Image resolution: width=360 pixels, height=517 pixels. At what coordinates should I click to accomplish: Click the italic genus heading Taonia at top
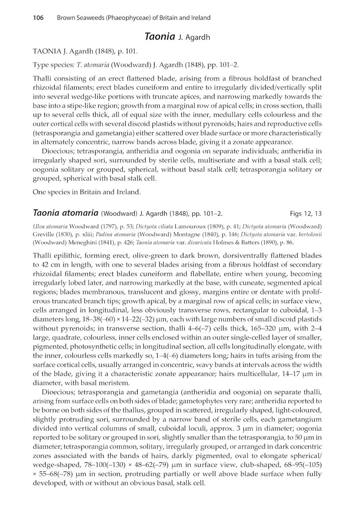coord(160,37)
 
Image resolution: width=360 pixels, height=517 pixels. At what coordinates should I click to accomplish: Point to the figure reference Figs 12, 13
coord(306,213)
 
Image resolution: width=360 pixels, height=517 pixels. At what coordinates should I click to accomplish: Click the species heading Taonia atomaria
coord(65,213)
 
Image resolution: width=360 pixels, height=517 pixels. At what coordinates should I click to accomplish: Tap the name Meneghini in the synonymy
coord(79,242)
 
